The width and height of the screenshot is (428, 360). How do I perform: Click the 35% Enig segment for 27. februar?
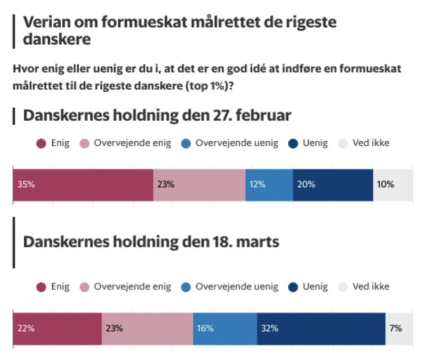click(83, 185)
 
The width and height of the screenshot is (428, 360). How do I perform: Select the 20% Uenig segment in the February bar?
click(333, 185)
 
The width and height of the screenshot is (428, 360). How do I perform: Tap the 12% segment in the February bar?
click(269, 185)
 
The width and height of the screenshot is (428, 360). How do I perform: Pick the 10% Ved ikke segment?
click(393, 185)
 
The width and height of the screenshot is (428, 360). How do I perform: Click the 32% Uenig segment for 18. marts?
click(321, 328)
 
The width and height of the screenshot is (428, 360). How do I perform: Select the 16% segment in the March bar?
click(225, 328)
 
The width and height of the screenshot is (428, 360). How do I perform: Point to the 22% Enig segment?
click(57, 328)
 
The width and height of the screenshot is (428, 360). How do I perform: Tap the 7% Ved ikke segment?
click(399, 328)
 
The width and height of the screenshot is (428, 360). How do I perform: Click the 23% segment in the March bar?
click(147, 328)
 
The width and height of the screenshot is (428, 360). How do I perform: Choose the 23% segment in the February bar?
click(199, 185)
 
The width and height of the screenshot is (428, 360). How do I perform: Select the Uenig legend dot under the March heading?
click(293, 288)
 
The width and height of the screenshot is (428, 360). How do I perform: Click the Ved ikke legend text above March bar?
click(371, 287)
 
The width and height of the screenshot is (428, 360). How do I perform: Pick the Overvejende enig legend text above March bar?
click(132, 287)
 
